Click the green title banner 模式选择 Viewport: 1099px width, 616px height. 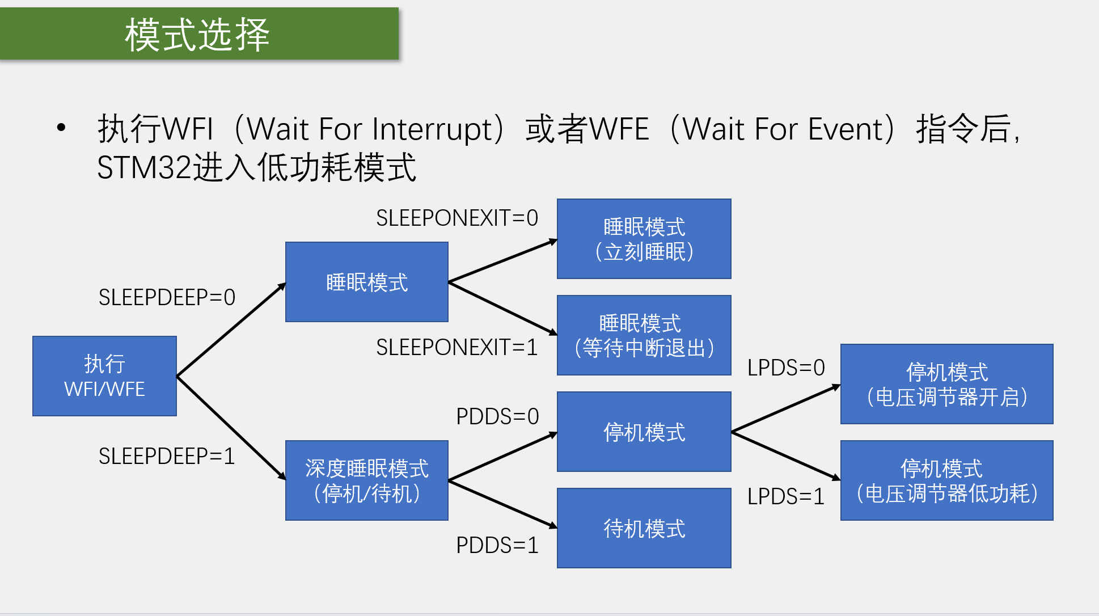coord(198,34)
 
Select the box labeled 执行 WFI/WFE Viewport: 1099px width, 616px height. coord(104,376)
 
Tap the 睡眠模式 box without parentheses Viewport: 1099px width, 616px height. coord(366,282)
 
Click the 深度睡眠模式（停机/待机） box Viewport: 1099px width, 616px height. coord(366,480)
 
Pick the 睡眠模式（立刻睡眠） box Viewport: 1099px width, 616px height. coord(644,239)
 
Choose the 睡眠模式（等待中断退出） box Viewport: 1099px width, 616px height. coord(644,335)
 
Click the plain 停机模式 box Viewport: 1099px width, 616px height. coord(644,432)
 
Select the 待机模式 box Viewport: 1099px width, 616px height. coord(644,528)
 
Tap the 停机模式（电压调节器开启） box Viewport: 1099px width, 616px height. coord(946,384)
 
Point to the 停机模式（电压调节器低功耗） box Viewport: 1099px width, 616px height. coord(946,480)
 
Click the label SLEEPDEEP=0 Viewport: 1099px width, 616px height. coord(167,297)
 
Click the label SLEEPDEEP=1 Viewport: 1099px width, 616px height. coord(167,456)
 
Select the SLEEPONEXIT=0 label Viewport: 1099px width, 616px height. coord(457,218)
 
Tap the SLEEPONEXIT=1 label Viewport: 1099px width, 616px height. coord(457,347)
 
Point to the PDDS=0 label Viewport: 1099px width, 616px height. coord(497,416)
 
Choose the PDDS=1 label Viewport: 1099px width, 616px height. coord(497,545)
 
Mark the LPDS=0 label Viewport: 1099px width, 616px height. coord(786,368)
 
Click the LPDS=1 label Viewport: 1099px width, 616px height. coord(786,496)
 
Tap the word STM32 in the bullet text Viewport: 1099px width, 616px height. coord(144,168)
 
